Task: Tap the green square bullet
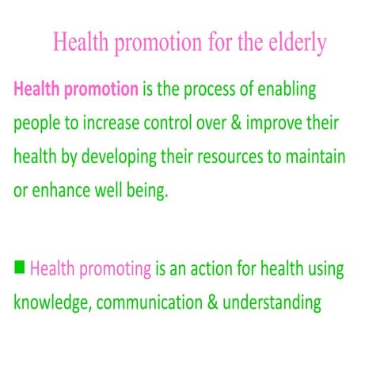click(20, 267)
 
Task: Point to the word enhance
click(63, 191)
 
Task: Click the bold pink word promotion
click(99, 89)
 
